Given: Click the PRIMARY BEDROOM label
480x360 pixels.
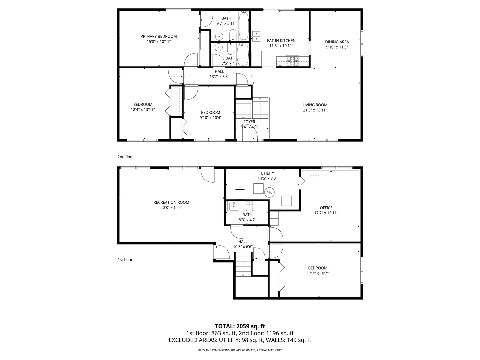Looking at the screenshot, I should click(x=158, y=36).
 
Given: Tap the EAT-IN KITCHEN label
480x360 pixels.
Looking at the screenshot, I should click(x=281, y=41).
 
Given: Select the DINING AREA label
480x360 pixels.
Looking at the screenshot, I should click(x=337, y=42).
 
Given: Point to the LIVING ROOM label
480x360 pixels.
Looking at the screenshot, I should click(x=315, y=105).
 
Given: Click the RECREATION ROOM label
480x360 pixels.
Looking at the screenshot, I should click(x=171, y=202).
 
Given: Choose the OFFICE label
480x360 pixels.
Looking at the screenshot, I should click(x=326, y=208).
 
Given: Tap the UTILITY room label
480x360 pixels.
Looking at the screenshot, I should click(x=267, y=173).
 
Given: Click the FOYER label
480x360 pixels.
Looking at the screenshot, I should click(x=249, y=122).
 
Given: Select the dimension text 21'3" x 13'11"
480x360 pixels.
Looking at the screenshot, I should click(x=315, y=110).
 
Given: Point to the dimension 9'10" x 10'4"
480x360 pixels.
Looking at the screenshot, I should click(x=210, y=117).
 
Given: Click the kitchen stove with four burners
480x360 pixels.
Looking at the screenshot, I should click(x=293, y=60).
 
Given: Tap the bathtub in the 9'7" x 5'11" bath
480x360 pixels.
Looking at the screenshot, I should click(x=244, y=26).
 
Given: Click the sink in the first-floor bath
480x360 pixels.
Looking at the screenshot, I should click(x=234, y=207).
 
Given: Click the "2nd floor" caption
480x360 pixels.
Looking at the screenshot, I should click(x=125, y=157).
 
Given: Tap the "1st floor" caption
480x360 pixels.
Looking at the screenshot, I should click(x=125, y=260).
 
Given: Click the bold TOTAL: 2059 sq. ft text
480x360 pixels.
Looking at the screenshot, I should click(x=240, y=326).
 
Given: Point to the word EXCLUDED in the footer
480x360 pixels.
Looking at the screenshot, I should click(x=184, y=340).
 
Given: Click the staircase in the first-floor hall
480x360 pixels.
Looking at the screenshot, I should click(x=243, y=264).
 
